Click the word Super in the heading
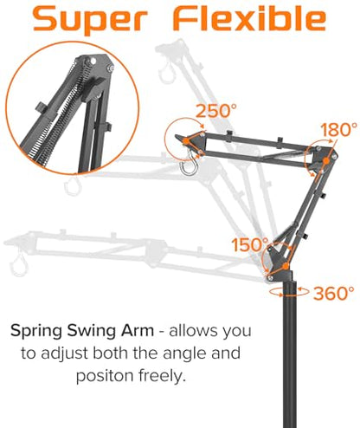coord(91,19)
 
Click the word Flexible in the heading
coord(250,18)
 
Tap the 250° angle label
coord(215,110)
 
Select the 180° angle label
coord(338,130)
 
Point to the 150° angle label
coord(250,244)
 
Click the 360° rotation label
coord(334,294)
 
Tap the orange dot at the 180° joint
coord(325,160)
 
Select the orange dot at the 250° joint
coord(186,141)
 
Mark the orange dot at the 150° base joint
coord(286,266)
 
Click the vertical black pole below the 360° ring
coord(290,361)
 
